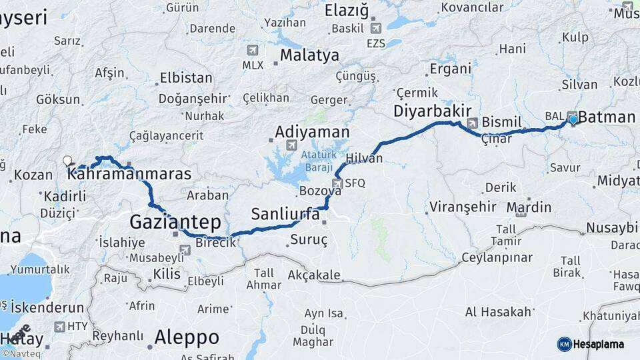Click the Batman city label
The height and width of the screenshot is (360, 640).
click(x=607, y=118)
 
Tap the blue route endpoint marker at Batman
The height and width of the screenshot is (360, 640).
click(x=573, y=120)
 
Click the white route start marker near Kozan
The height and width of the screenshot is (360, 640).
click(x=67, y=160)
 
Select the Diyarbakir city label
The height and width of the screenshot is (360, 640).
click(x=432, y=111)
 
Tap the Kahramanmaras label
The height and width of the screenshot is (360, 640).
click(x=129, y=174)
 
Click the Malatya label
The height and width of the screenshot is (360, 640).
click(x=309, y=55)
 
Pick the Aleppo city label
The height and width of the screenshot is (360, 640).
click(x=187, y=337)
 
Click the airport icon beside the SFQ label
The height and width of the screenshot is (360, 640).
click(x=337, y=183)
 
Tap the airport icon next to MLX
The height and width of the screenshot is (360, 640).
click(x=253, y=50)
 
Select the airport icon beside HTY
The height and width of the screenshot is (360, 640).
click(x=61, y=327)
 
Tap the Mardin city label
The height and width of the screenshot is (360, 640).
click(x=529, y=207)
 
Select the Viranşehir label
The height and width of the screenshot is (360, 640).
click(x=463, y=206)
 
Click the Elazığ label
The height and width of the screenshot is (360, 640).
click(x=346, y=11)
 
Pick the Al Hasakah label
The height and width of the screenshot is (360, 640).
click(x=498, y=311)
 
